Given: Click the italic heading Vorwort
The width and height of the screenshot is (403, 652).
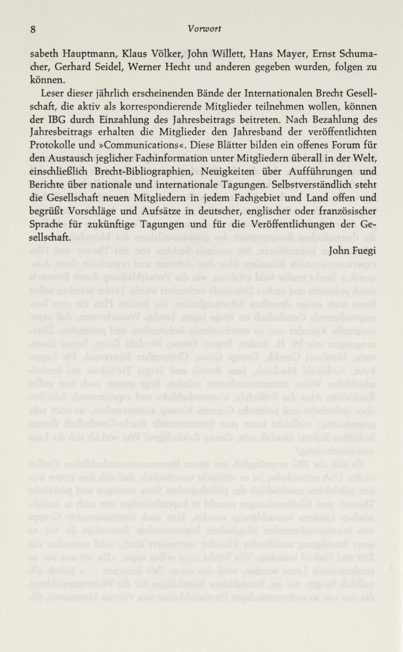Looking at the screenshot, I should coord(204,29).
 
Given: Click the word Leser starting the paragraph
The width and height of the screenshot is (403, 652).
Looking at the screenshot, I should coord(53,93).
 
